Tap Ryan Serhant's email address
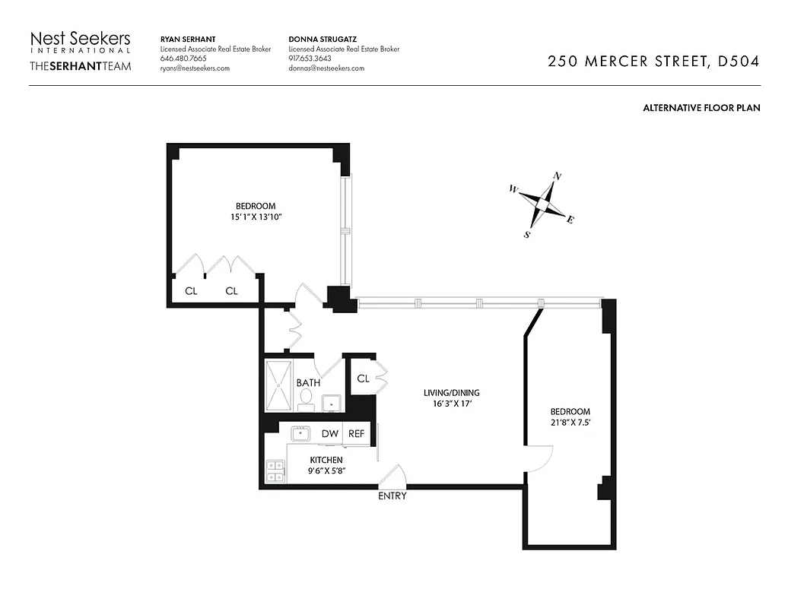(x=195, y=68)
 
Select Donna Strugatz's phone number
(x=310, y=59)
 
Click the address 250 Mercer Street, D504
(x=653, y=62)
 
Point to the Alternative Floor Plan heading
(x=701, y=108)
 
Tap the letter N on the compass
(x=557, y=176)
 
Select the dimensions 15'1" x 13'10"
(x=256, y=217)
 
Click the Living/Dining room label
(x=452, y=393)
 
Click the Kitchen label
(x=326, y=460)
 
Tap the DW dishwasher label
(x=329, y=433)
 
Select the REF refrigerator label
(x=356, y=433)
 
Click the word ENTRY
(x=392, y=496)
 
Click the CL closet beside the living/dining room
(x=362, y=378)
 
